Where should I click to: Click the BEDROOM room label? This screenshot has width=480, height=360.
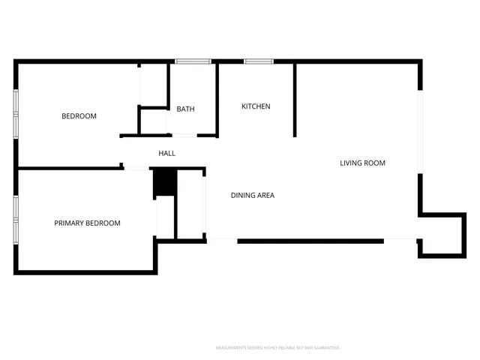[x=79, y=116]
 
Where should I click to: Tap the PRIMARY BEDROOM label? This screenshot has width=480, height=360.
[x=87, y=223]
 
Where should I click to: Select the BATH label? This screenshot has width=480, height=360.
[x=185, y=109]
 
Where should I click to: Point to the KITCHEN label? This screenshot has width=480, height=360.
[x=256, y=106]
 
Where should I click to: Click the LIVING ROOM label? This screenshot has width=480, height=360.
[x=362, y=163]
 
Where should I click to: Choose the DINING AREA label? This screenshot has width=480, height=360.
[x=252, y=196]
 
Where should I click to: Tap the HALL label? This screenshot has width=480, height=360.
[x=166, y=154]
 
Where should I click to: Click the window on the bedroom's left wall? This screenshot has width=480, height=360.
[x=16, y=114]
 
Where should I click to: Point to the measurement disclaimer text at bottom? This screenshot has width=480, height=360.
[x=277, y=348]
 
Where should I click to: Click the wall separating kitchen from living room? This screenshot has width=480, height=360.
[x=295, y=99]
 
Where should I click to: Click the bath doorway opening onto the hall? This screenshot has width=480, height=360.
[x=184, y=135]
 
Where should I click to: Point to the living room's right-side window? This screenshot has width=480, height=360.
[x=421, y=131]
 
